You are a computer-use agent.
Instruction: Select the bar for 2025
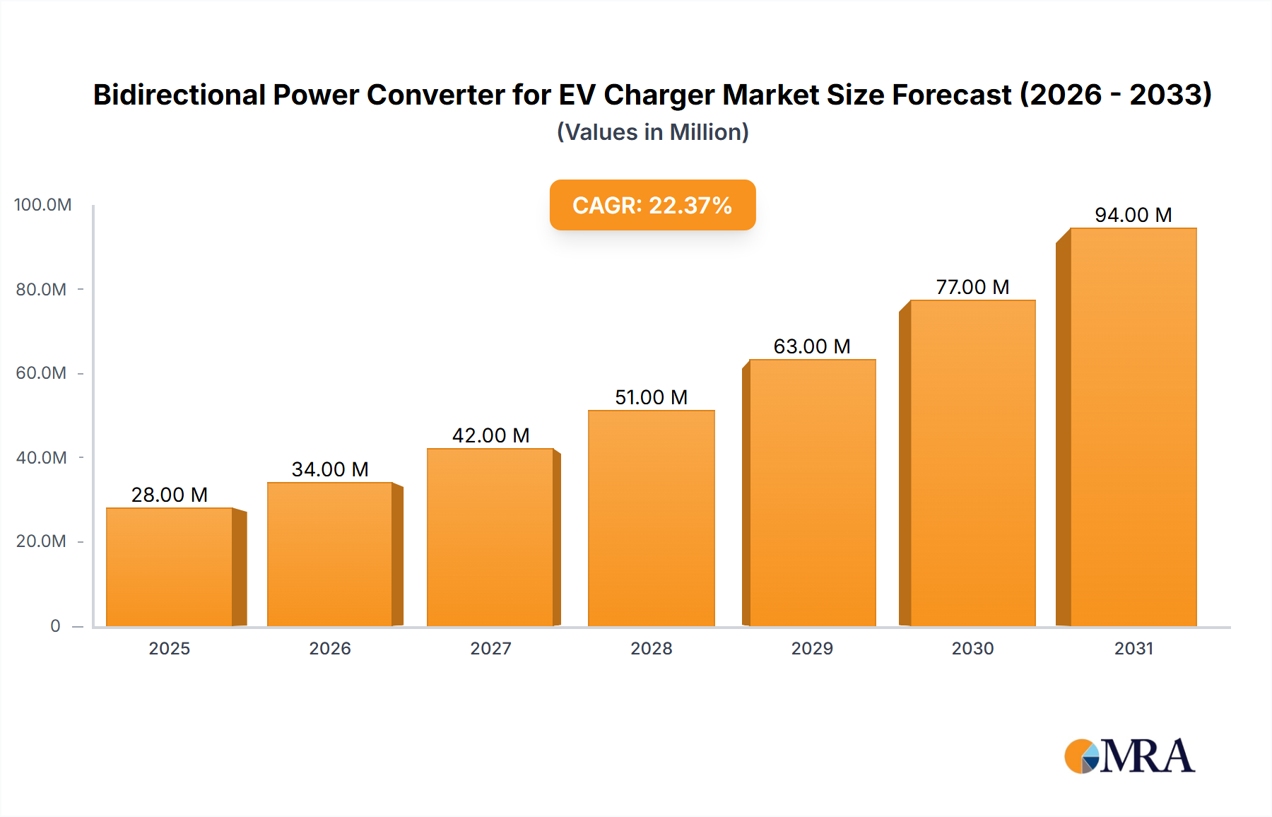point(170,567)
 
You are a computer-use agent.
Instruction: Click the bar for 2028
point(651,518)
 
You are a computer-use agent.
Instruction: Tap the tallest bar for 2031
point(1133,428)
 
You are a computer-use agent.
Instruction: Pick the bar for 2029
point(812,493)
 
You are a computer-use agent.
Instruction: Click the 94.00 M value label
point(1133,215)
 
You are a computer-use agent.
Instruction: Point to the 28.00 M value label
point(170,495)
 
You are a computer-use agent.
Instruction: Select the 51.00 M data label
point(651,397)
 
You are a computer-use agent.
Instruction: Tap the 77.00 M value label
point(972,287)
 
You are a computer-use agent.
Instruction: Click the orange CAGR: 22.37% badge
point(652,205)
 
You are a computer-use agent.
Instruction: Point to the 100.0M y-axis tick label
point(43,205)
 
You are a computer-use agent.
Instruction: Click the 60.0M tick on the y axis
point(41,373)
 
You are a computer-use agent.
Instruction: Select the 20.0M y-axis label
point(41,541)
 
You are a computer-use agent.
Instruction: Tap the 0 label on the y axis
point(55,626)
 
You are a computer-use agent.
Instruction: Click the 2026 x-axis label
point(330,649)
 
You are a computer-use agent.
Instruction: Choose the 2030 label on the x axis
point(972,649)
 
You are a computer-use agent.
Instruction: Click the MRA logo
point(1129,756)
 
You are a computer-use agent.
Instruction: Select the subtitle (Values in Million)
point(652,132)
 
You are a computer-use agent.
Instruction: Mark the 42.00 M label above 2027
point(490,435)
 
